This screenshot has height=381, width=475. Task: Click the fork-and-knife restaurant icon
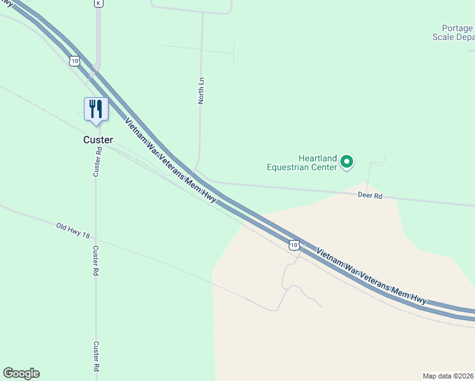point(96,109)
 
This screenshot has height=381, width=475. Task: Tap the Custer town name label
point(98,140)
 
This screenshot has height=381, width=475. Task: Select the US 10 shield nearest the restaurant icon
point(76,61)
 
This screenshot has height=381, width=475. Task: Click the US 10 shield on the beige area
point(293,244)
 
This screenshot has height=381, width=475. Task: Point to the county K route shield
point(98,3)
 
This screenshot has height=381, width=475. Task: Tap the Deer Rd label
point(369,196)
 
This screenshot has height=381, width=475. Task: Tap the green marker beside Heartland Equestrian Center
point(347,163)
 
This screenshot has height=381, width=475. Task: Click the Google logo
point(21,373)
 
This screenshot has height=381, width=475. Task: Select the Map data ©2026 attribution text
point(448,375)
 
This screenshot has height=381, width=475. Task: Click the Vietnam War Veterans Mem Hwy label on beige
point(371,276)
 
